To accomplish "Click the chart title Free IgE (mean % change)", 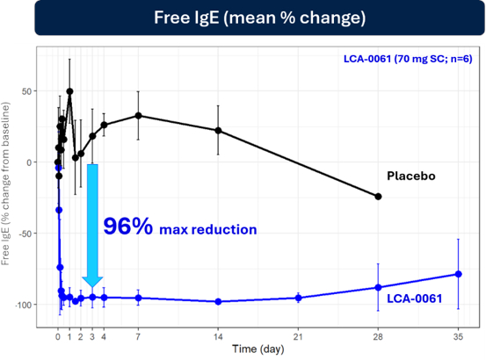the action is click(x=260, y=18).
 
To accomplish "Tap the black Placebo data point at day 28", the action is click(x=378, y=197).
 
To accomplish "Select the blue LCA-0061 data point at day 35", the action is click(x=459, y=274).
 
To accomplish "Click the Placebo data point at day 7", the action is click(x=138, y=116).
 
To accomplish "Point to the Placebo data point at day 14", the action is click(x=218, y=131).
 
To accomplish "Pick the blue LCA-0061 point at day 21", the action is click(x=298, y=298).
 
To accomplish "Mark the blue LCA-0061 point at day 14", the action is click(x=218, y=301).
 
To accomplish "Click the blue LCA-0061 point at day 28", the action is click(x=378, y=287).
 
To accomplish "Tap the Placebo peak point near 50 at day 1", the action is click(x=69, y=91).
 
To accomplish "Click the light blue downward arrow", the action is click(x=92, y=226).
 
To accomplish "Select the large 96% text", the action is click(x=127, y=226).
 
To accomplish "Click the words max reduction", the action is click(x=208, y=230).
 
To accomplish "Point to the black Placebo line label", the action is click(x=411, y=176).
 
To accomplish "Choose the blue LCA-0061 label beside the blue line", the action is click(x=415, y=299).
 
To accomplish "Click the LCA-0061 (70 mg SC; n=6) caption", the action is click(x=408, y=59).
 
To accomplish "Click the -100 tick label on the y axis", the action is click(x=25, y=305).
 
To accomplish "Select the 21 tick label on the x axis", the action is click(x=298, y=336).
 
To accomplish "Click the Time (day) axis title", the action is click(x=258, y=349).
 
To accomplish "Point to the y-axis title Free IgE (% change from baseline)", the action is click(x=5, y=184).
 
